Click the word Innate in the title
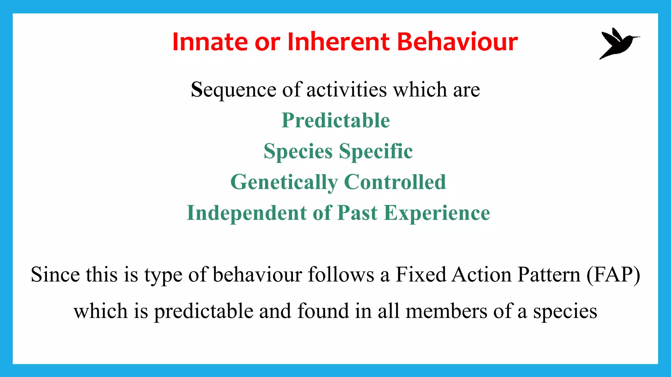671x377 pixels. point(210,42)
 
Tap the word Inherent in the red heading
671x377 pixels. point(338,42)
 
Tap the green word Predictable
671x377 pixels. point(335,120)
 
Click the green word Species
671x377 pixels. point(298,151)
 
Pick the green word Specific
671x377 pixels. point(376,151)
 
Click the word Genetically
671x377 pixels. point(284,182)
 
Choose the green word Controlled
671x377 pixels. point(395,182)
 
